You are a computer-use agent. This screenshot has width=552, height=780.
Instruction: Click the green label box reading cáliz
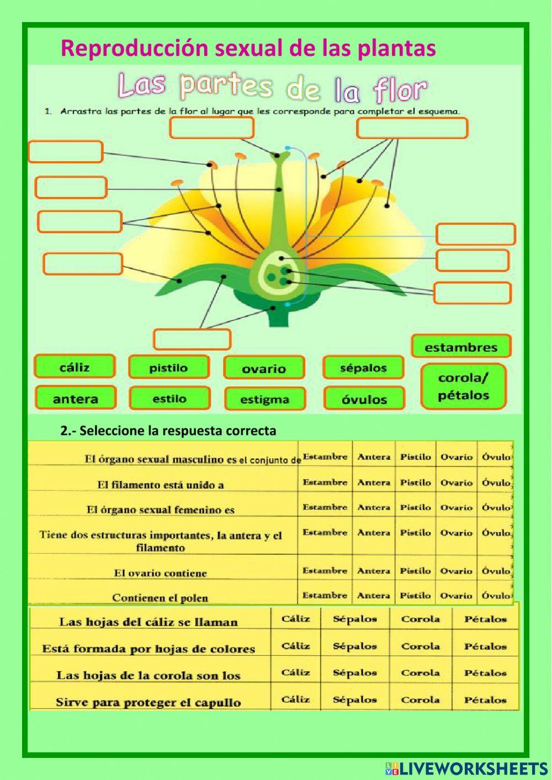[x=75, y=367]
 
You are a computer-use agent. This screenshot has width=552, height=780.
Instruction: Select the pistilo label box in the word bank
[x=168, y=368]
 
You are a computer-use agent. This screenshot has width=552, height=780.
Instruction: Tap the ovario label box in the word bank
[x=264, y=369]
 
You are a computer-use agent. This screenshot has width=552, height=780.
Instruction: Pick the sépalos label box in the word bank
[x=363, y=368]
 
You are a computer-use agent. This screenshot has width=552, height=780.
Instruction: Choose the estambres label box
[x=461, y=347]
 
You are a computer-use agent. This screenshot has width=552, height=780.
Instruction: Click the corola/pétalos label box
[x=464, y=387]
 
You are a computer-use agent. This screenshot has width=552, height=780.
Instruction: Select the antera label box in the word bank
[x=76, y=399]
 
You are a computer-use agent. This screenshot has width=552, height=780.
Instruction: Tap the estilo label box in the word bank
[x=169, y=399]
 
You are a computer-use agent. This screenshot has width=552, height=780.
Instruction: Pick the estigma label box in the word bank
[x=264, y=399]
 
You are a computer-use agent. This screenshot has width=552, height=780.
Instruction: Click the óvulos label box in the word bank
[x=364, y=399]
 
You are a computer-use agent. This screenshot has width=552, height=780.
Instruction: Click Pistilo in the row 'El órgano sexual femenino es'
[x=415, y=507]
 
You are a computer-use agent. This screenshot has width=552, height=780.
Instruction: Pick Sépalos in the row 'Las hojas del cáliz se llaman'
[x=354, y=619]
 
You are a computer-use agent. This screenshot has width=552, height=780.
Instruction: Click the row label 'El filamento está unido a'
[x=161, y=485]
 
